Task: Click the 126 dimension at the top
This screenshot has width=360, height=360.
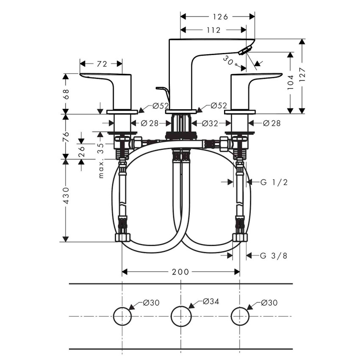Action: (220, 17)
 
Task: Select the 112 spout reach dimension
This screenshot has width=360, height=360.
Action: (214, 30)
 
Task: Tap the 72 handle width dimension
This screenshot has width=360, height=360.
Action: (102, 64)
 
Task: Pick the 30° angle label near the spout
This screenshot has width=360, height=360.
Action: (229, 62)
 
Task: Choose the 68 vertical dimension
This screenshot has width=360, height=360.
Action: (66, 94)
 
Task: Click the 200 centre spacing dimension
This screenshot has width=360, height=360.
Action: (180, 272)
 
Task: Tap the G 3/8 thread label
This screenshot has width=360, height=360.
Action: (273, 255)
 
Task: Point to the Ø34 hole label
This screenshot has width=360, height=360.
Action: (210, 302)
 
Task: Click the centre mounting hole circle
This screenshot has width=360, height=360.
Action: (181, 316)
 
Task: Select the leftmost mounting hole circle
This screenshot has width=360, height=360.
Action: (122, 316)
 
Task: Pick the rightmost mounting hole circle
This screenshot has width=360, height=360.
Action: (240, 316)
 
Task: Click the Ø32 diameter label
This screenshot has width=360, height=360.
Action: (210, 123)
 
